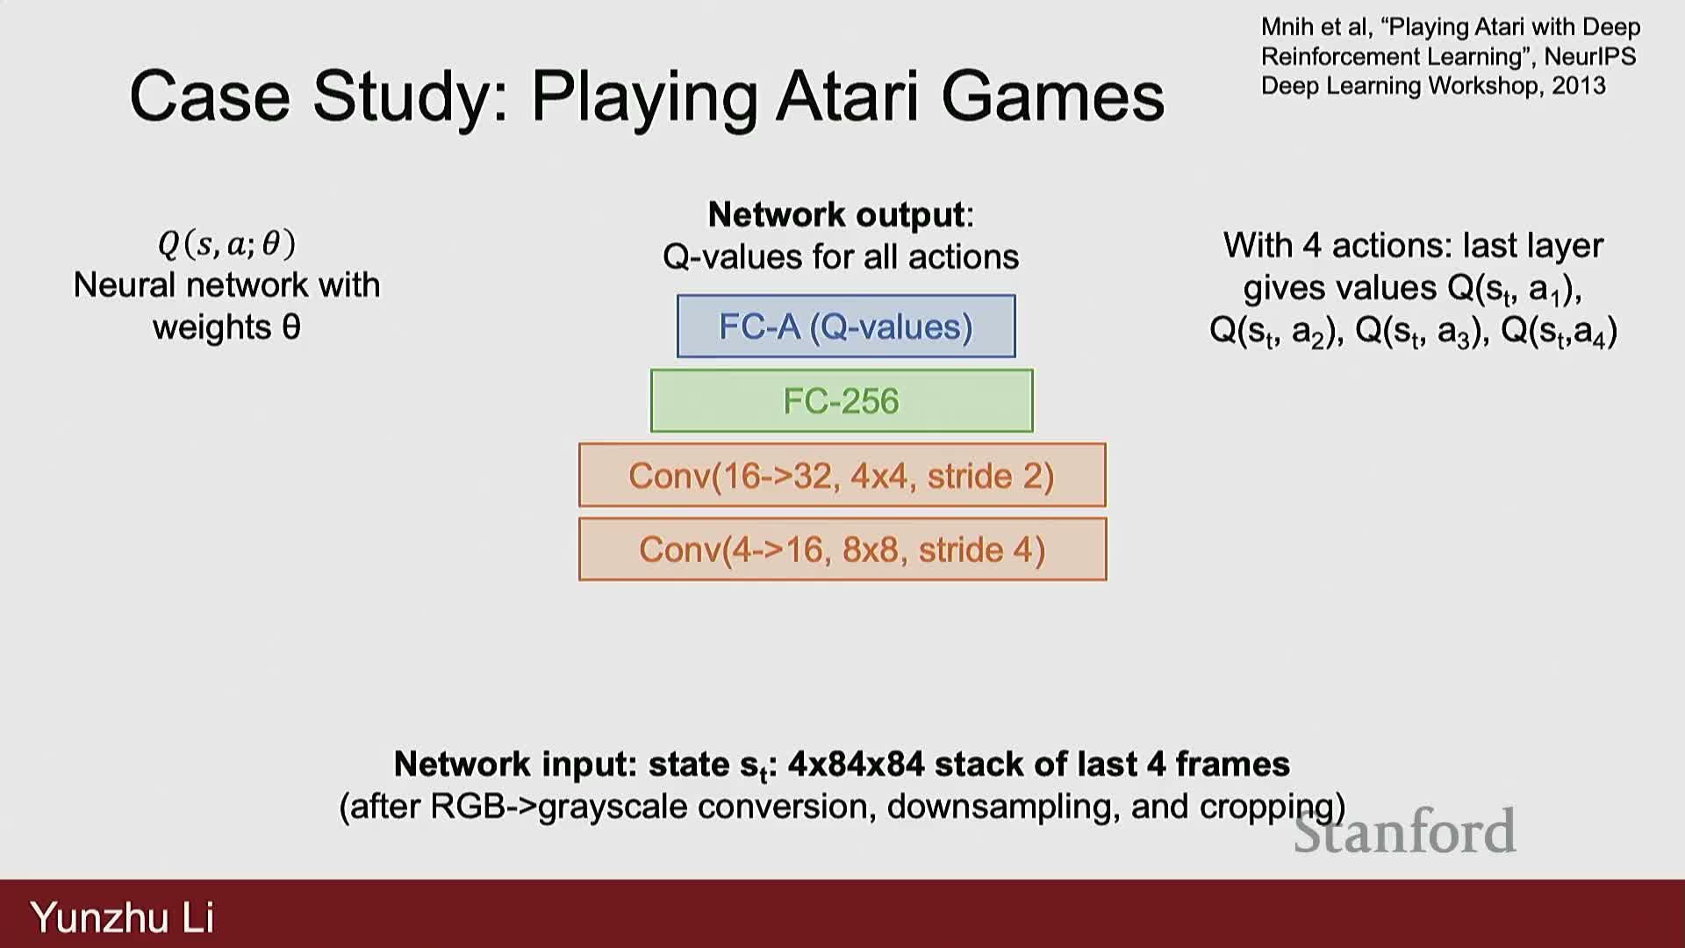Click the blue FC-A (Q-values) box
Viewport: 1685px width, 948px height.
pyautogui.click(x=845, y=327)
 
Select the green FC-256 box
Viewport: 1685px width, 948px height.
pyautogui.click(x=841, y=401)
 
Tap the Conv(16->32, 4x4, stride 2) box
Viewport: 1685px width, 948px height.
pyautogui.click(x=842, y=476)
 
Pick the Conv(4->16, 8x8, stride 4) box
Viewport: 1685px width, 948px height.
pyautogui.click(x=842, y=550)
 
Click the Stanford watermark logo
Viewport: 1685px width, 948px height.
pyautogui.click(x=1404, y=831)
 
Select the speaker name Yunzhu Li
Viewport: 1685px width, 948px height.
pyautogui.click(x=122, y=917)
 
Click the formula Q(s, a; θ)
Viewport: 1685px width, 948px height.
pyautogui.click(x=226, y=244)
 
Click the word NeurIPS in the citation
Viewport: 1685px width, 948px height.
pyautogui.click(x=1590, y=57)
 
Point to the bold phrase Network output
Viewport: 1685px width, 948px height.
pyautogui.click(x=836, y=215)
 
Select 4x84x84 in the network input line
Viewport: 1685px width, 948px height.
pyautogui.click(x=856, y=765)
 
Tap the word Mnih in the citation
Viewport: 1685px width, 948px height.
pyautogui.click(x=1287, y=27)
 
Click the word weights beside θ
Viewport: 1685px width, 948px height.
pyautogui.click(x=212, y=327)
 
